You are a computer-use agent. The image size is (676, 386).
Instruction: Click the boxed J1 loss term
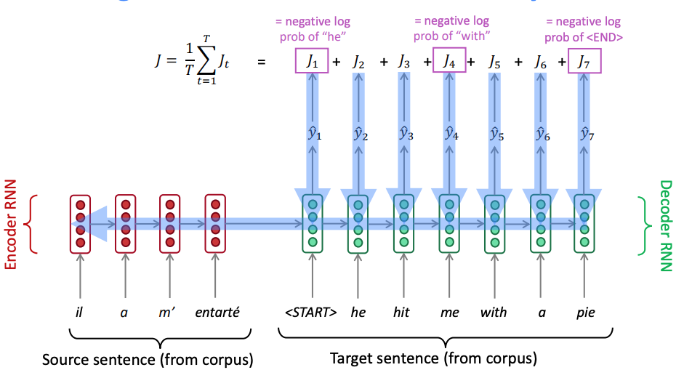[x=313, y=62]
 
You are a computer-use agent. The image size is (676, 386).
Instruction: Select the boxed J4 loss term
[x=449, y=62]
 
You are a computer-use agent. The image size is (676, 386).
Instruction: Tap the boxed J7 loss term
[x=585, y=62]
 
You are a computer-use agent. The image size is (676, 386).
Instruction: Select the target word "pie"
[x=585, y=313]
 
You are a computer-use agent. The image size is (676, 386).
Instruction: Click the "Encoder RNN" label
[x=11, y=225]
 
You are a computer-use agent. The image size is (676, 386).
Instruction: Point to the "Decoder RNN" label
[x=665, y=225]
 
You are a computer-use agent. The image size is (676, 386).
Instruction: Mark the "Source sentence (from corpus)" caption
[x=147, y=360]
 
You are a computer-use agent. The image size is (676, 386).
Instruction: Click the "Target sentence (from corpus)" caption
[x=433, y=358]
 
